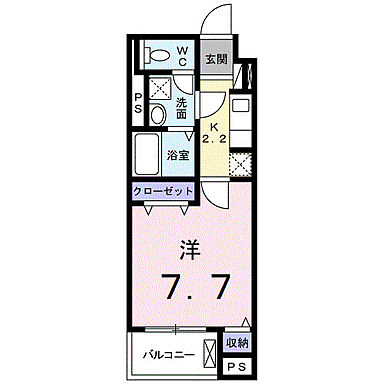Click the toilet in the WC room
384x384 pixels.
(157, 53)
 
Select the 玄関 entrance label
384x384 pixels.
(216, 59)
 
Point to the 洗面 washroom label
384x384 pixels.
(183, 108)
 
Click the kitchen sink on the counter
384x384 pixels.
(241, 104)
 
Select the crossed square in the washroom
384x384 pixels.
(158, 87)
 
